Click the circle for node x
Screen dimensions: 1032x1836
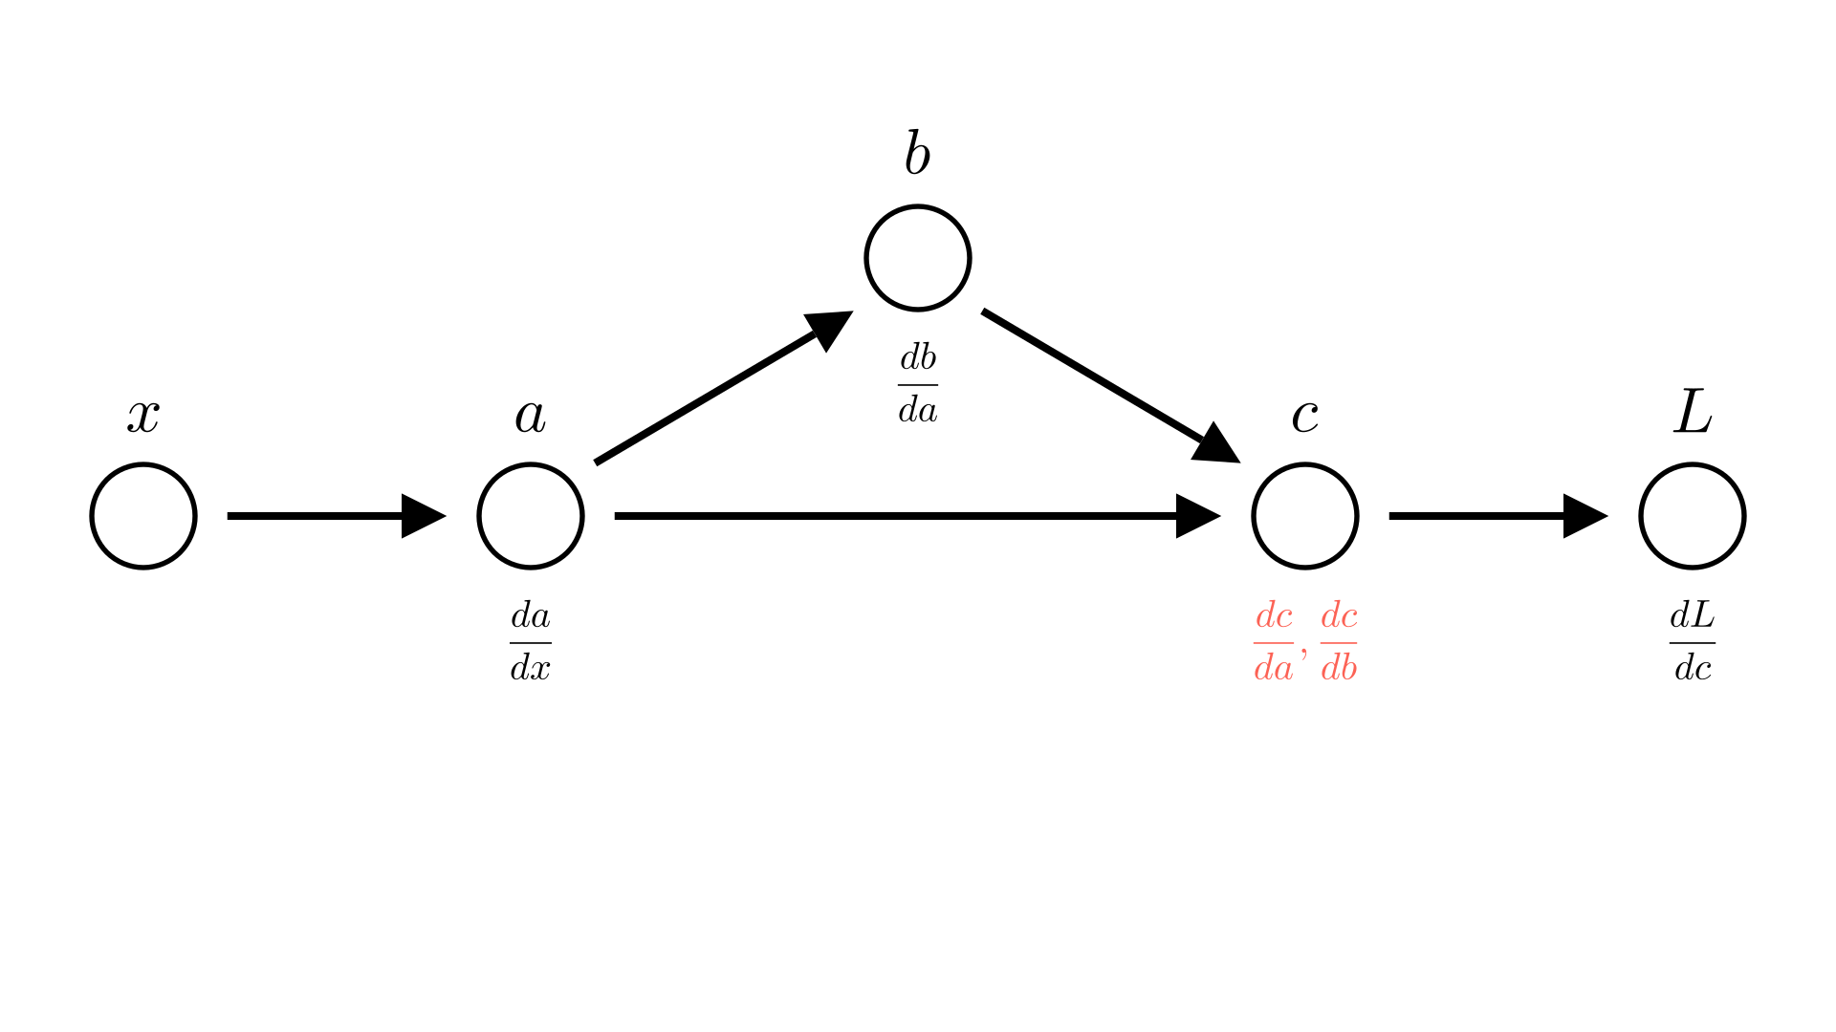[143, 516]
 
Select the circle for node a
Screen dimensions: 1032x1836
[531, 516]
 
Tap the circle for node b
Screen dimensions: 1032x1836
[918, 258]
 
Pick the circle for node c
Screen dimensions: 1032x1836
[1305, 516]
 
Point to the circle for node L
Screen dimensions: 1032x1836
[1693, 516]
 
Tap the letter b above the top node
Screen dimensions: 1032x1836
[917, 155]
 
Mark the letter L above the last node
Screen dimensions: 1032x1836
[1693, 413]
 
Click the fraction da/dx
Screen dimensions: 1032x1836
[531, 642]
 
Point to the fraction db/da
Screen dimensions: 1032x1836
[918, 384]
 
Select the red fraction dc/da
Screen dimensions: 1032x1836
[1274, 642]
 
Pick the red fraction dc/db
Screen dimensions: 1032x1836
[1339, 642]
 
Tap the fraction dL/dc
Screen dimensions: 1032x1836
[1693, 642]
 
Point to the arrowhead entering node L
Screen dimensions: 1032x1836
[1584, 516]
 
